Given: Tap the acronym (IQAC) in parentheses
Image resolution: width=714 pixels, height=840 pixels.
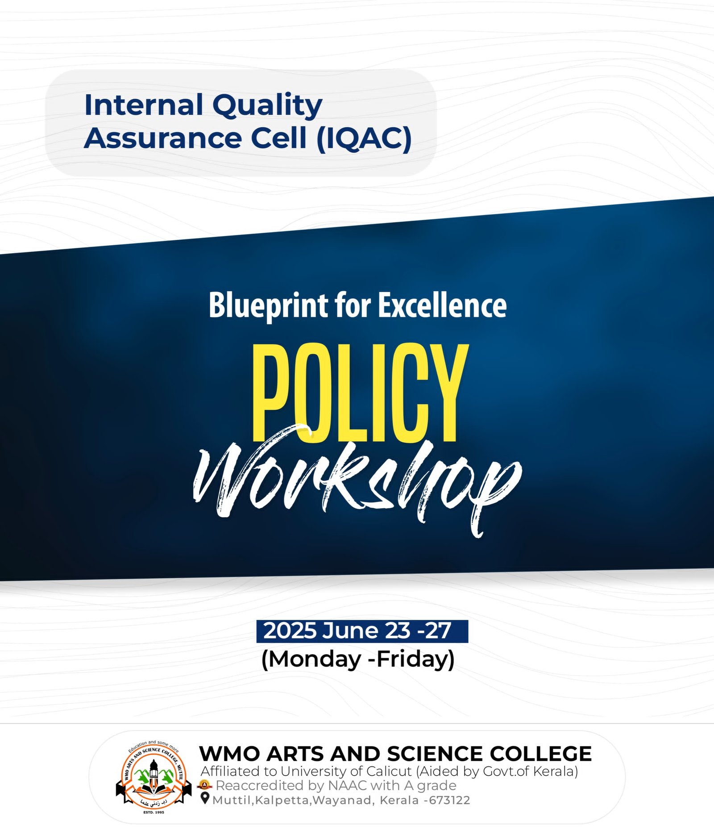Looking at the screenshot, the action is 364,138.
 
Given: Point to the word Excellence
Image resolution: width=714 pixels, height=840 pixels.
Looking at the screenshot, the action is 443,305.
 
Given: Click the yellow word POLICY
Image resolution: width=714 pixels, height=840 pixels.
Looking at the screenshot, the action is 360,393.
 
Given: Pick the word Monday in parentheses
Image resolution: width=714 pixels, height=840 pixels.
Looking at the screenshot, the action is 315,660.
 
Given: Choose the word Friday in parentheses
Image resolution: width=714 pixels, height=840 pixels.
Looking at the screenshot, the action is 411,659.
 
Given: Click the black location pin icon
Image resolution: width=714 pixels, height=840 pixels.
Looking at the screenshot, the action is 205,798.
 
